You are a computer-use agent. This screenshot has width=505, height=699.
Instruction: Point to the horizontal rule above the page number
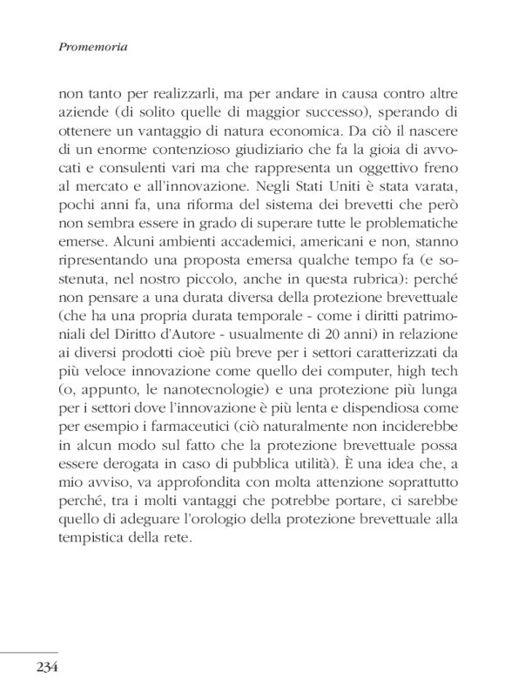(30, 651)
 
